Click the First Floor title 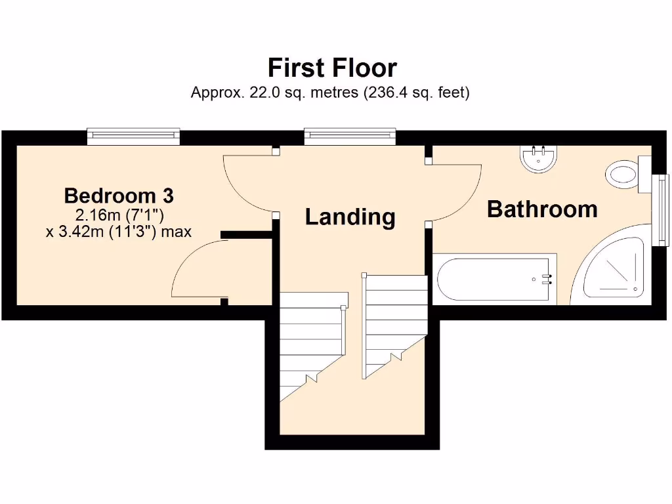click(x=332, y=68)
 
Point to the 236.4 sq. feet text click(x=417, y=93)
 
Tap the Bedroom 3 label click(x=119, y=196)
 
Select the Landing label click(x=350, y=217)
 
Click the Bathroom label click(x=542, y=209)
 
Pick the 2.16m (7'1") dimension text click(x=119, y=214)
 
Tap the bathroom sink click(x=539, y=157)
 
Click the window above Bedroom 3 click(x=133, y=136)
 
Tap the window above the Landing click(x=350, y=136)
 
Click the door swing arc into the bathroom click(x=459, y=190)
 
